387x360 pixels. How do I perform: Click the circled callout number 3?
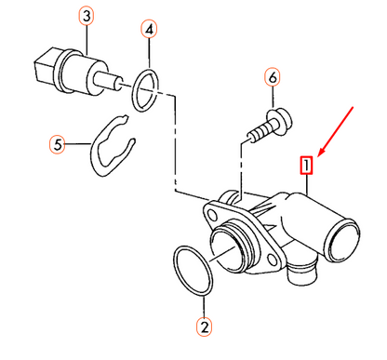87,17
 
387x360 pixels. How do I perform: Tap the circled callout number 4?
149,30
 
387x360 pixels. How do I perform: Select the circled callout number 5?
58,144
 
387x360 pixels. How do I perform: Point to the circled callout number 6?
273,77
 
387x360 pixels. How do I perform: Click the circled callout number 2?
205,327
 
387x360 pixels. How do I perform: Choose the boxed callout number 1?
306,166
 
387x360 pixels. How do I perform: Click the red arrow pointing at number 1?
336,131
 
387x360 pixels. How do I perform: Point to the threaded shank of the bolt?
260,132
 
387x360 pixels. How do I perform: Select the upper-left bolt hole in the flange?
212,214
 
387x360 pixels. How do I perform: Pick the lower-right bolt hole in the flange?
273,260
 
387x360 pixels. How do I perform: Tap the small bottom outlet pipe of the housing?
300,271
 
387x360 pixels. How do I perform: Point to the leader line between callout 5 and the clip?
78,144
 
